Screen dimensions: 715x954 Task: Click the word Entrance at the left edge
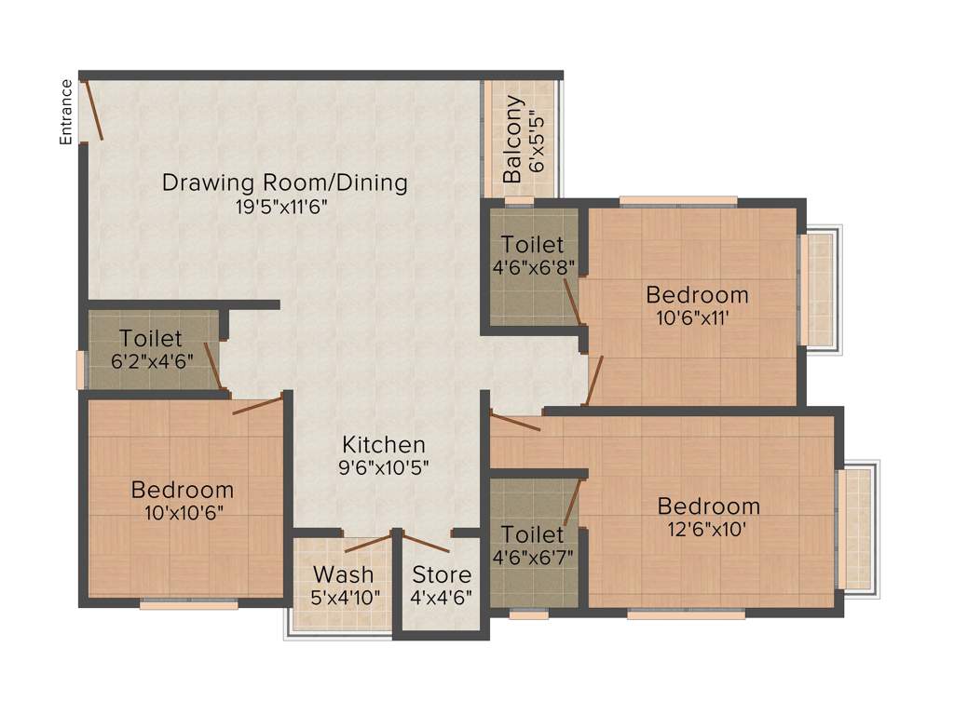(x=66, y=112)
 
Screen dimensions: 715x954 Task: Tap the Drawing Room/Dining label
(x=284, y=182)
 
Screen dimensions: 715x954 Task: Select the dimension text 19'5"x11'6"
(x=284, y=207)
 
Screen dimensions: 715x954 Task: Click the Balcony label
(x=512, y=139)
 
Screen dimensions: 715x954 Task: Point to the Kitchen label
(x=383, y=445)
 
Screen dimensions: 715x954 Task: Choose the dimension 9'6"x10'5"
(x=383, y=467)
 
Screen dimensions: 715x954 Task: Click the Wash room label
(x=343, y=573)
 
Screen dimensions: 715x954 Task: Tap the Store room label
(x=442, y=574)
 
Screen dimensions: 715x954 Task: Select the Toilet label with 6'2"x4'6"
(x=151, y=339)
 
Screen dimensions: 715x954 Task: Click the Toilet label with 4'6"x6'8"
(x=532, y=245)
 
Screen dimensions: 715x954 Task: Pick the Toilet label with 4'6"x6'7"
(x=532, y=534)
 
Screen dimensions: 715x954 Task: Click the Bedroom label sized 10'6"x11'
(x=697, y=295)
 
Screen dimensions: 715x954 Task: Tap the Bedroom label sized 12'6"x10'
(x=708, y=506)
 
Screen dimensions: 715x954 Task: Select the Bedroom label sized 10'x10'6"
(x=182, y=489)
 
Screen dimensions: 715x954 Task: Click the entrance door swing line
(x=93, y=111)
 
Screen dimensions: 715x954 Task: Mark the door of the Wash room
(x=367, y=543)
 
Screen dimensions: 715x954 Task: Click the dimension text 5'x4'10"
(x=346, y=597)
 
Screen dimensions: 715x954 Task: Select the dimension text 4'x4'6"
(x=442, y=597)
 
